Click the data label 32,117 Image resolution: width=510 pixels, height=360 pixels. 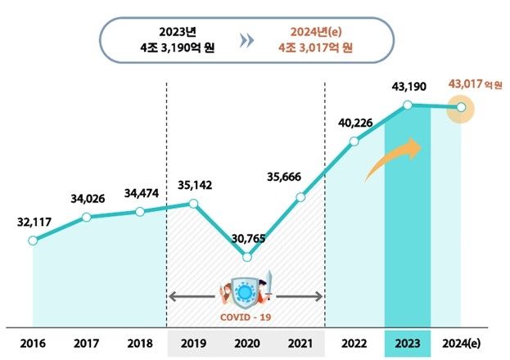pyautogui.click(x=34, y=222)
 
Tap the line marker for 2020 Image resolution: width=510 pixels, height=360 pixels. pyautogui.click(x=247, y=257)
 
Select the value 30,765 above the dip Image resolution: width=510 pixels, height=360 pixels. pyautogui.click(x=247, y=238)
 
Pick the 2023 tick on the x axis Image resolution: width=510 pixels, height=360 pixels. pyautogui.click(x=407, y=342)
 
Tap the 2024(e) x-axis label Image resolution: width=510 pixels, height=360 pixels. pyautogui.click(x=460, y=342)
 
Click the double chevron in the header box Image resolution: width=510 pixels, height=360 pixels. pyautogui.click(x=246, y=41)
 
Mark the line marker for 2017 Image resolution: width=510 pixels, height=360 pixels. pyautogui.click(x=86, y=216)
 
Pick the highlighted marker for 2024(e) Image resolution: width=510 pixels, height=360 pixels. pyautogui.click(x=462, y=107)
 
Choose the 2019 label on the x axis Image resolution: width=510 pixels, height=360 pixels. pyautogui.click(x=193, y=342)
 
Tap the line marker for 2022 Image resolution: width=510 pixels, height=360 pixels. pyautogui.click(x=354, y=142)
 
